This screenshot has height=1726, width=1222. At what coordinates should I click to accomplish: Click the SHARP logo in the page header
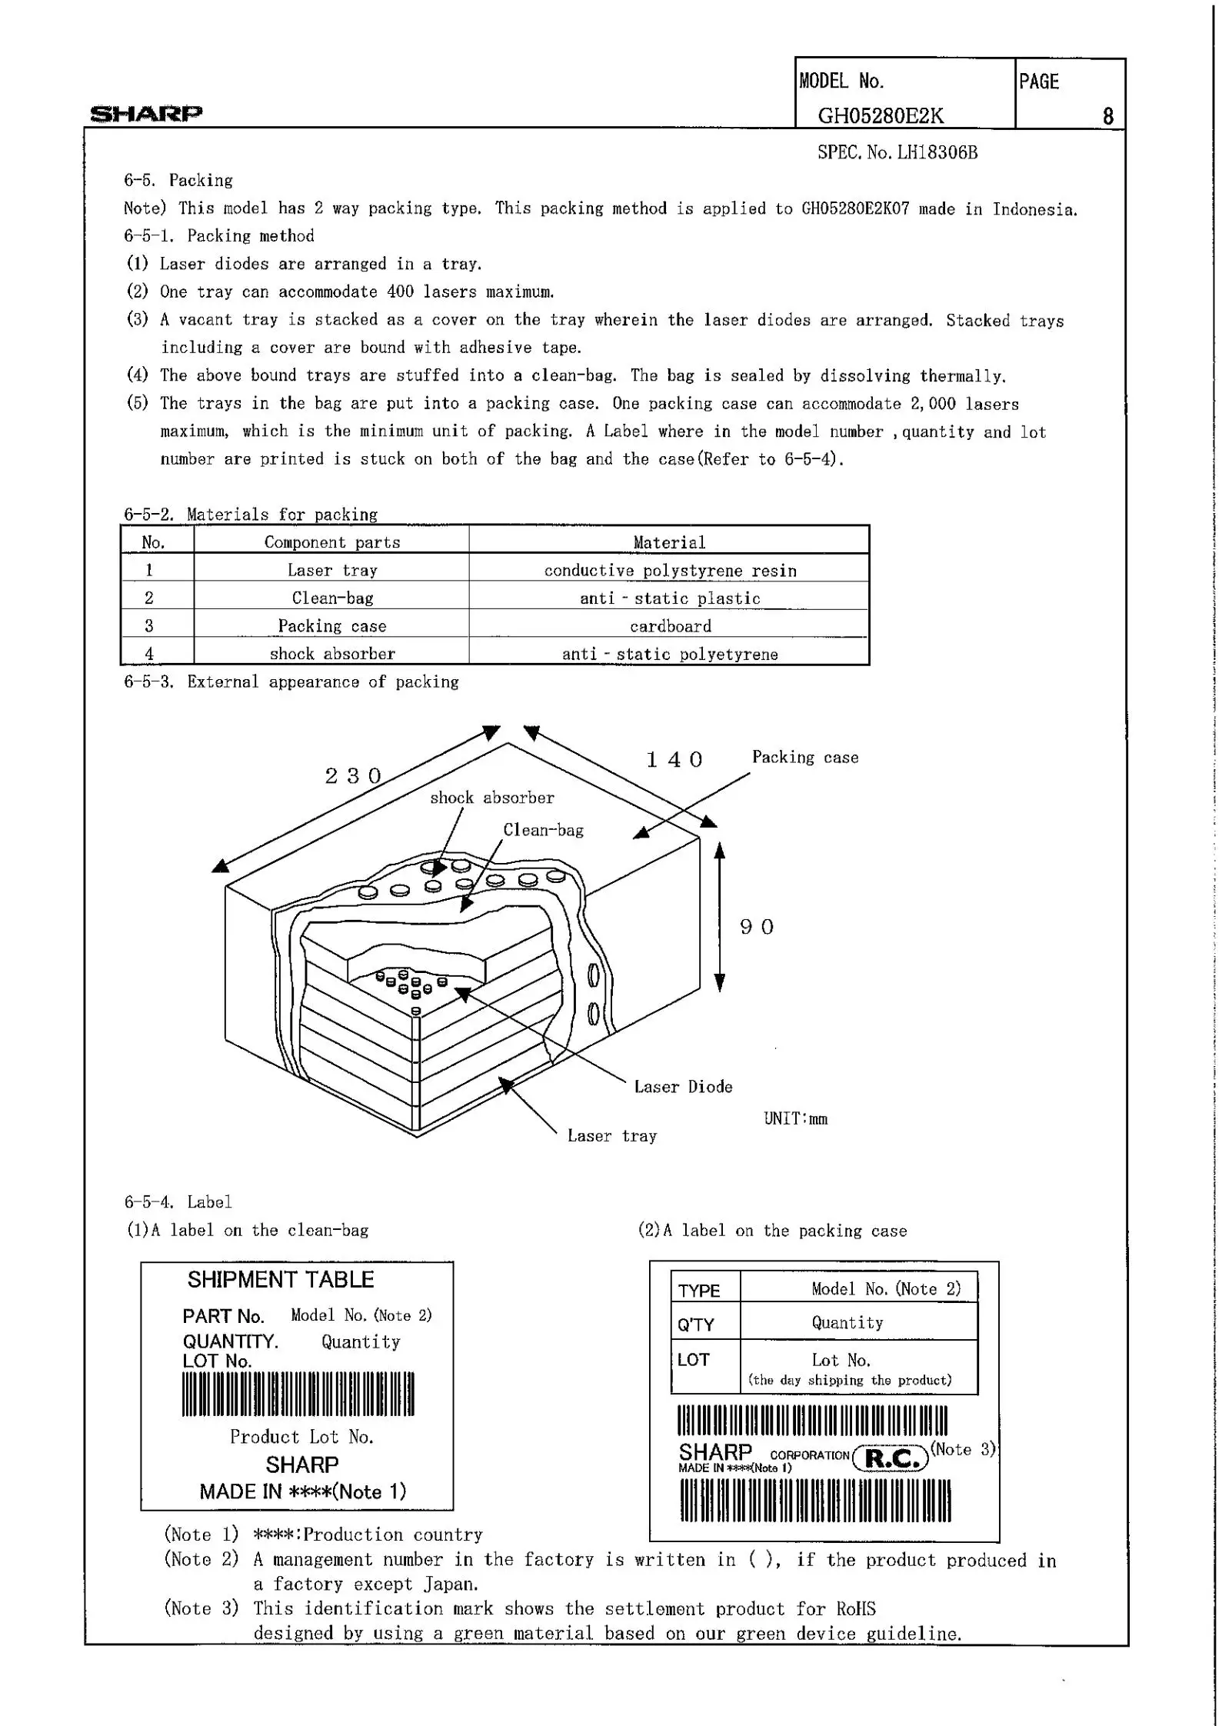tap(146, 114)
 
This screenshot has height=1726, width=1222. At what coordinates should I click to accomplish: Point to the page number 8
tap(1107, 116)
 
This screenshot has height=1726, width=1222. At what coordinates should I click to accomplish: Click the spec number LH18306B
tap(897, 152)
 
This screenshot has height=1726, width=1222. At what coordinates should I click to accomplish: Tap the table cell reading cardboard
tap(670, 626)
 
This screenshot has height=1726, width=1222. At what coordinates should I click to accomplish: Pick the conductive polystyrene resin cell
tap(670, 571)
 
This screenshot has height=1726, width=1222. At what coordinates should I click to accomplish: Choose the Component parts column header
tap(332, 542)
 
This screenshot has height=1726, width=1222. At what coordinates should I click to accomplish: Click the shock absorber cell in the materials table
tap(332, 654)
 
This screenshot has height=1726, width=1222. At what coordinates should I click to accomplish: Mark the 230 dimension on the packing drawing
tap(353, 775)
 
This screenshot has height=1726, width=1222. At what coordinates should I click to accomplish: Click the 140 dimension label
tap(674, 760)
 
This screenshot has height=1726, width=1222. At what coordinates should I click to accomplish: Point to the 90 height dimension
tap(757, 927)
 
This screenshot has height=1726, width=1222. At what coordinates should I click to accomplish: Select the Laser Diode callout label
tap(683, 1087)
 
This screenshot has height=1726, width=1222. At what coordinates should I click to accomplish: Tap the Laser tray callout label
tap(612, 1136)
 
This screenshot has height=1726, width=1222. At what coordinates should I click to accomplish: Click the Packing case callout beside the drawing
tap(805, 758)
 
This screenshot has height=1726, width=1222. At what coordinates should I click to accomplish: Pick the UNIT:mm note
tap(796, 1119)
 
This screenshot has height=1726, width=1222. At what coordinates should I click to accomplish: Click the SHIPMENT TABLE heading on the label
tap(281, 1280)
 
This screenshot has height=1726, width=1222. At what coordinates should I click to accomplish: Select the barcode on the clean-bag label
tap(298, 1394)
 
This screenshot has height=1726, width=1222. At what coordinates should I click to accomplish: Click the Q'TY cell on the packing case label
tap(697, 1324)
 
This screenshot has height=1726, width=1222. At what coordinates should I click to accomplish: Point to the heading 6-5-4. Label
tap(178, 1202)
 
